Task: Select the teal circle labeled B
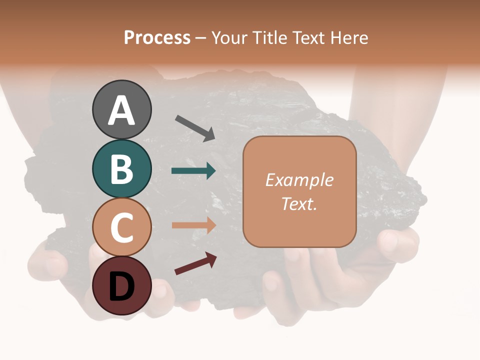click(x=122, y=168)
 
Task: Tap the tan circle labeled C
click(x=122, y=227)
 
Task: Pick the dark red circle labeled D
click(x=122, y=285)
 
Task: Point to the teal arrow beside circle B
click(x=193, y=171)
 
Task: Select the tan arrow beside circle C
click(x=193, y=225)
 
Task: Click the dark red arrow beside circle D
click(x=195, y=263)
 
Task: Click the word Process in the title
click(x=157, y=38)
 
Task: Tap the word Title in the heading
click(x=269, y=38)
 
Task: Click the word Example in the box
click(x=299, y=180)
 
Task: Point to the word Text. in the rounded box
click(x=299, y=203)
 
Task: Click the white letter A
click(x=122, y=110)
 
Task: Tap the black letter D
click(x=122, y=286)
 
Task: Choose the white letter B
click(x=122, y=169)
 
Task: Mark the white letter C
click(x=122, y=228)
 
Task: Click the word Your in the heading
click(x=229, y=38)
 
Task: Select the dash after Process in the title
click(x=201, y=38)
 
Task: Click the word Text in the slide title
click(x=307, y=38)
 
